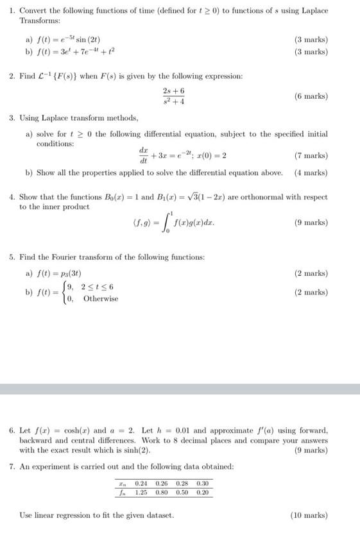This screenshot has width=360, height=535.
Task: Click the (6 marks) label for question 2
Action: pos(311,96)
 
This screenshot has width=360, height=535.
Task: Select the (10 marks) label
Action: pos(309,515)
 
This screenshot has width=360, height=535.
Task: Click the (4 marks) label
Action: pos(311,173)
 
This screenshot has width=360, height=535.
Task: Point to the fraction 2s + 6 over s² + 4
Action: pos(173,96)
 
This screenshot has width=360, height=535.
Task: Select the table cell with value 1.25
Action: pos(142,493)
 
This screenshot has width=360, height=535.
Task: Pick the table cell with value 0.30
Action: pos(202,483)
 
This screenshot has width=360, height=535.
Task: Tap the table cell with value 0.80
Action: pos(162,493)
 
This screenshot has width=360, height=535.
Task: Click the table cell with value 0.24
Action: pos(142,483)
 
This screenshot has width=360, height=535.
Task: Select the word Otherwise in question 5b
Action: pos(101,298)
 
